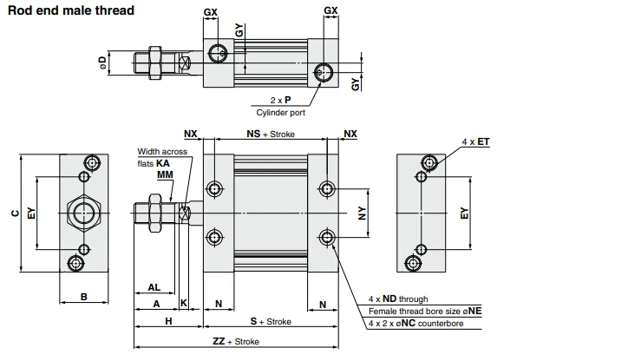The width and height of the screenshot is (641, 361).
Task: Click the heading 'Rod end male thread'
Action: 71,10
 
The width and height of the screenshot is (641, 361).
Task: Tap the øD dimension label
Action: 102,63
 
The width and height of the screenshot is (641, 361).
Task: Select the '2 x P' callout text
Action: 280,100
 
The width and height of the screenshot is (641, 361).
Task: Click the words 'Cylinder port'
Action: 280,113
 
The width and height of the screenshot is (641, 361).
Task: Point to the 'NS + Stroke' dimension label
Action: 271,134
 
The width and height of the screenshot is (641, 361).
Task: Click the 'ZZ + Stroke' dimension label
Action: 236,341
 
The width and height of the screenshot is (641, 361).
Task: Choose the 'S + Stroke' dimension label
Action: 271,321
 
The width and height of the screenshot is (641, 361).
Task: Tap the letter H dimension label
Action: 168,321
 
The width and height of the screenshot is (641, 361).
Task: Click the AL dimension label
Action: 154,287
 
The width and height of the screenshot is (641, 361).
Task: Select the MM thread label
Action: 165,174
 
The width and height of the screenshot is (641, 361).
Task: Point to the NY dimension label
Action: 363,213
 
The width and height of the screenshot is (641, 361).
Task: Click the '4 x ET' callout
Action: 475,141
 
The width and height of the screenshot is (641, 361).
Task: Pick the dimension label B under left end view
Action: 84,297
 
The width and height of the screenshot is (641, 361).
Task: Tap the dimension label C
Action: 15,213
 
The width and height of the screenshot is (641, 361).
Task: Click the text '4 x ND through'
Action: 398,299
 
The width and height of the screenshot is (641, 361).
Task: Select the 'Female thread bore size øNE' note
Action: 425,312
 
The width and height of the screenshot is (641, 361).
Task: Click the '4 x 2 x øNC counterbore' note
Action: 416,324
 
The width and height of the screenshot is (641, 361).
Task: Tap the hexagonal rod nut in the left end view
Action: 84,213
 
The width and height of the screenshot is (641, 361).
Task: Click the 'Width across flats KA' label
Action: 162,157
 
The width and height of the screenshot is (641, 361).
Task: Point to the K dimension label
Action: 184,303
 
